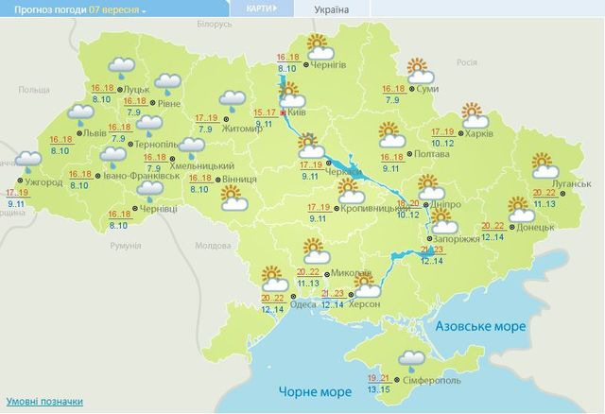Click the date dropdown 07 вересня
click(x=117, y=10)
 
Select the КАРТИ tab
click(x=259, y=10)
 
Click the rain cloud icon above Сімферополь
click(x=410, y=358)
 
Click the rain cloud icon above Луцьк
click(x=121, y=66)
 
